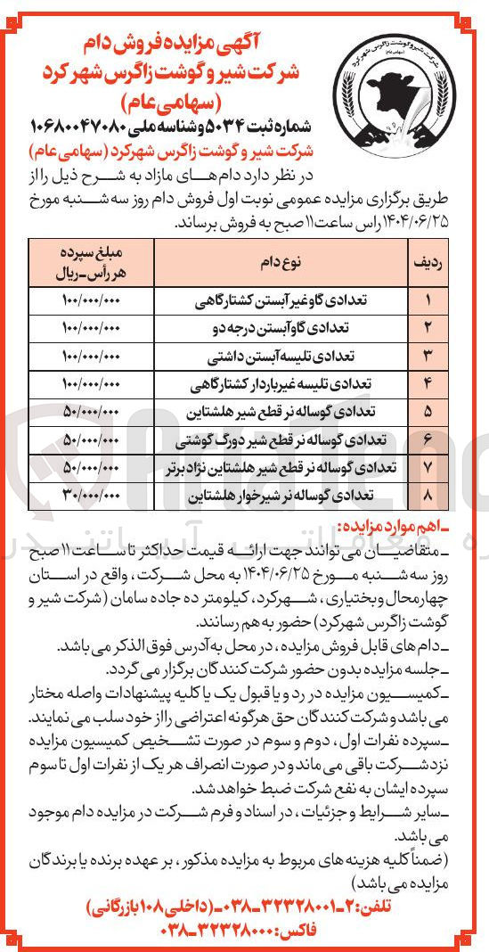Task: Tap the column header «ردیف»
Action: [x=426, y=238]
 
